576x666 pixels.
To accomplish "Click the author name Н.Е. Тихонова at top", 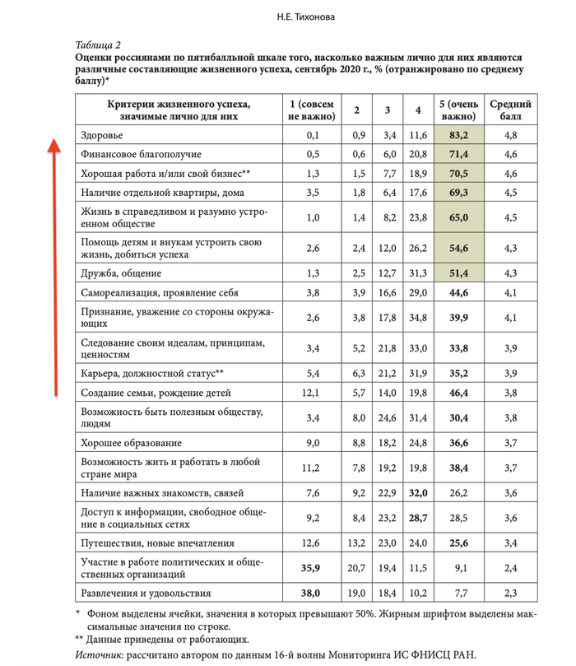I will (287, 16).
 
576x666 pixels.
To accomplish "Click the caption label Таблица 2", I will (98, 44).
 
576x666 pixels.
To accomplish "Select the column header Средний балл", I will (510, 110).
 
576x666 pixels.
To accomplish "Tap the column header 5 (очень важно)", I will (458, 110).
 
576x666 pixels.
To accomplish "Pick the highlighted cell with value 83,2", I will (458, 134).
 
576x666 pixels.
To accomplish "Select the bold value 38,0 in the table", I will (311, 593).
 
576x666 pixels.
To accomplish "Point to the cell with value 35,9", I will (311, 567).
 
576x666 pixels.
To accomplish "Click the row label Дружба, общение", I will (121, 272).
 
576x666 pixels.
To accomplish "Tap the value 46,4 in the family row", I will (458, 394).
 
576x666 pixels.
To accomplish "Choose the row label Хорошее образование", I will (131, 443).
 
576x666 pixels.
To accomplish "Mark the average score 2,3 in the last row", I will (510, 593).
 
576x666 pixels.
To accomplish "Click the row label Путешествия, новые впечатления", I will (158, 543).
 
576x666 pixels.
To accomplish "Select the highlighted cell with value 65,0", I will (458, 218).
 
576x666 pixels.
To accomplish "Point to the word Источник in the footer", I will (99, 654).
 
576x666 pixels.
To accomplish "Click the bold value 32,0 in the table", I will (418, 493).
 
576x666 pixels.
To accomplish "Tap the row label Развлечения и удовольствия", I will (146, 593).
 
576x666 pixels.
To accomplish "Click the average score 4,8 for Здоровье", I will (510, 134).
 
